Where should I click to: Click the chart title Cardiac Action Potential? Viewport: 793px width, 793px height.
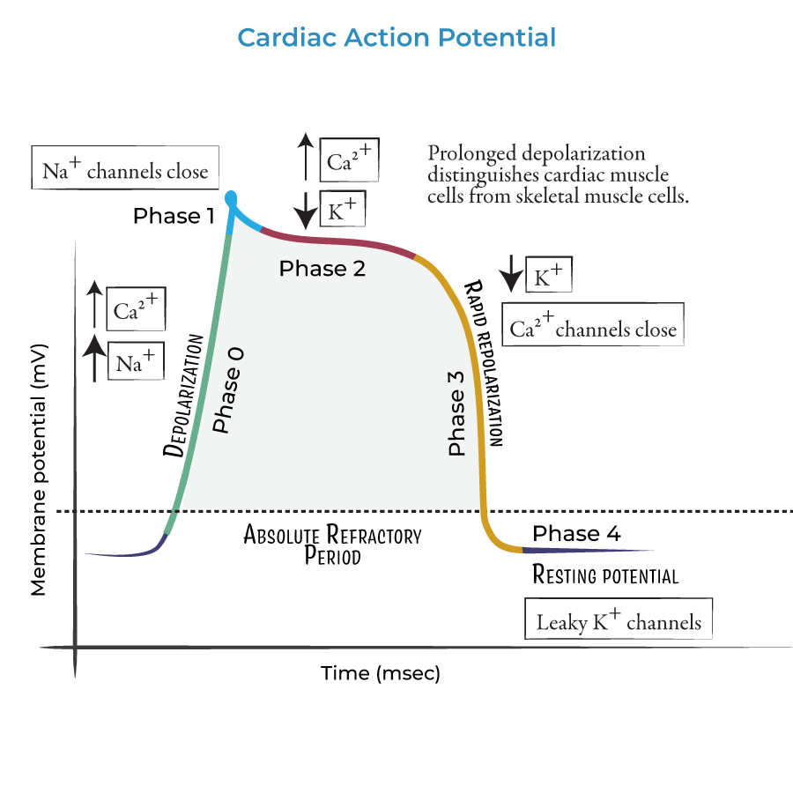pos(396,38)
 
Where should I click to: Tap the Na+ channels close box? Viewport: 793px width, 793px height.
pos(124,169)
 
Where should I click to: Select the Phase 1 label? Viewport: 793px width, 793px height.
pos(174,216)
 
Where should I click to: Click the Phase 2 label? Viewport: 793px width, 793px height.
pos(322,269)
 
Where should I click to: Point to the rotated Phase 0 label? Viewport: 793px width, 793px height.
pos(227,389)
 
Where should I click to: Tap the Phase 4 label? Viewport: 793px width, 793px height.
pos(576,533)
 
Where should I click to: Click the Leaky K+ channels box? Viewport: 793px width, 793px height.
pos(619,621)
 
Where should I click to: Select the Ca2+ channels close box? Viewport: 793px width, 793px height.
pos(592,328)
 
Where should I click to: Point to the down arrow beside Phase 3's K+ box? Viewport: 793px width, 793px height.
pos(510,274)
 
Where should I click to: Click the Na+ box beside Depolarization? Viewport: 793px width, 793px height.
pos(135,359)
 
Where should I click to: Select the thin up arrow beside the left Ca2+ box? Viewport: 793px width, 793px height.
pos(93,305)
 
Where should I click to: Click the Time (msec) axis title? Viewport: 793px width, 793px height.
pos(380,674)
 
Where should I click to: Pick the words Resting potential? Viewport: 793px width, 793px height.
pos(605,575)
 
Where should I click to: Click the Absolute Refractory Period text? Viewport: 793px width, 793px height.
pos(332,545)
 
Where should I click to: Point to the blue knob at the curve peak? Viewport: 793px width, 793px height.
pos(232,197)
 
